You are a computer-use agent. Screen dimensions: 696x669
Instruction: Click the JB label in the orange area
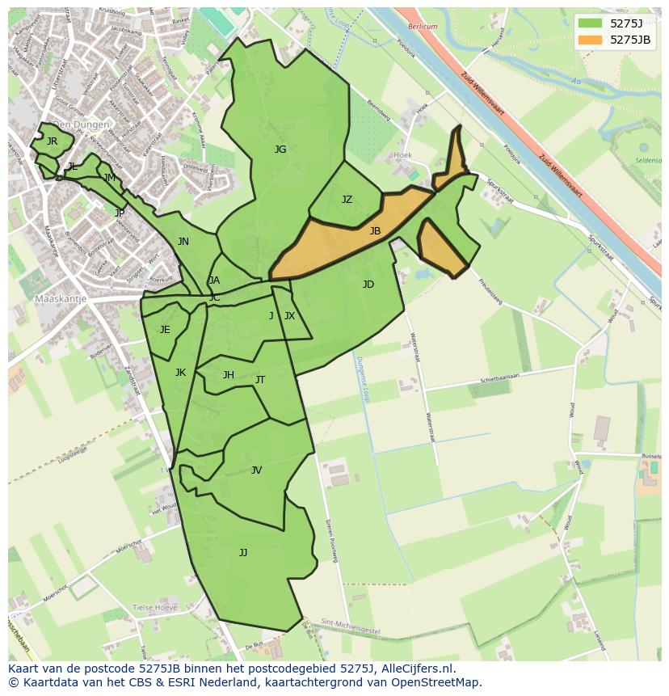375,231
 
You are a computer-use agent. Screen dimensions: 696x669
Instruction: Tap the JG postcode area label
280,150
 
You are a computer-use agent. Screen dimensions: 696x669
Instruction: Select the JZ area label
347,200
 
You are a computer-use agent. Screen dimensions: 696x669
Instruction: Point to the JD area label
368,285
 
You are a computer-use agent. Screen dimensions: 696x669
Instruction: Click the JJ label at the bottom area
243,553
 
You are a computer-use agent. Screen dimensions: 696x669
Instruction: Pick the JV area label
256,470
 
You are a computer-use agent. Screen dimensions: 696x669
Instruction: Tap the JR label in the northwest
53,141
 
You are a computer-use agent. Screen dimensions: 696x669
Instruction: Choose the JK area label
180,373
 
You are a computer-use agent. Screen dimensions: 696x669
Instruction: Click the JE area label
165,330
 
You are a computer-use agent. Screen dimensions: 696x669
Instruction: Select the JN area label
183,242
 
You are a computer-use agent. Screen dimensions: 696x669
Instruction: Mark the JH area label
229,375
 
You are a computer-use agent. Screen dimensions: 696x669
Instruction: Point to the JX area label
289,316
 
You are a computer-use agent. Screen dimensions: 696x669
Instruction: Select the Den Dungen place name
80,125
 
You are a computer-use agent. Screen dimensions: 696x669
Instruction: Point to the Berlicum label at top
422,27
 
